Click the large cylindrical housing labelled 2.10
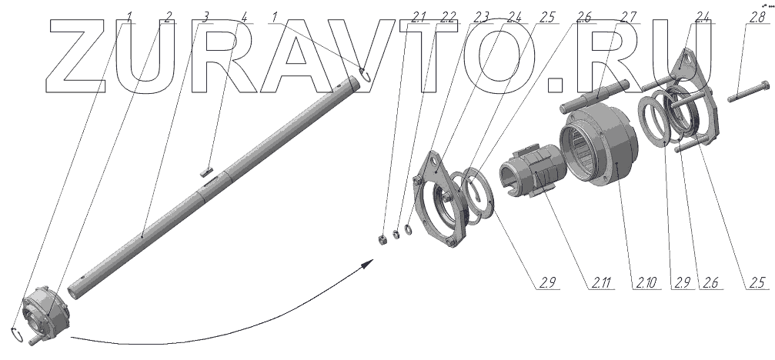(x=600, y=150)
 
